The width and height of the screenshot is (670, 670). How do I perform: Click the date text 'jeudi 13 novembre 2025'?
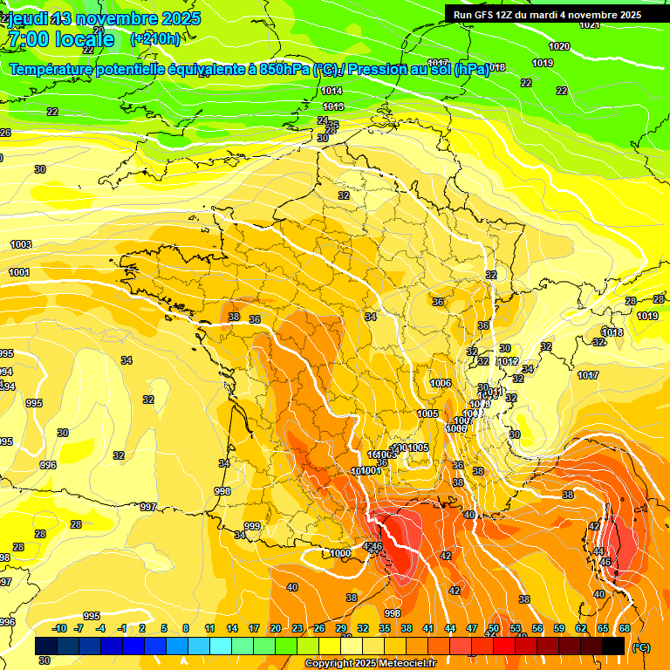[x=104, y=18]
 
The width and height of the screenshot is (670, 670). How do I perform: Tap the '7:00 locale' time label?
[x=60, y=39]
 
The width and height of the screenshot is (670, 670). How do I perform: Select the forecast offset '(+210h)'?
[x=155, y=38]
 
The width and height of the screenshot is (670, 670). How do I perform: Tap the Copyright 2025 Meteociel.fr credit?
[x=370, y=664]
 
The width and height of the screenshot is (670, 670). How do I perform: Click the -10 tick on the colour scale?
[x=59, y=628]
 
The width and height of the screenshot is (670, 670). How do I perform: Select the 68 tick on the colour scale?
[x=625, y=628]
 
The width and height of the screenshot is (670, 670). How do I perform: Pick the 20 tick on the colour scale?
[x=275, y=628]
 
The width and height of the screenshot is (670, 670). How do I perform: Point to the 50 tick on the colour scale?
[x=494, y=628]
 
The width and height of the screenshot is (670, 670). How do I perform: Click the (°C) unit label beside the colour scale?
[x=641, y=647]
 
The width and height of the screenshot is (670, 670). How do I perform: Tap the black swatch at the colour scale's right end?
[x=613, y=646]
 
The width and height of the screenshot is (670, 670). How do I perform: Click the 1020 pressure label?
[x=559, y=46]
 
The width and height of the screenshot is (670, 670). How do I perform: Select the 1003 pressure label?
[x=20, y=244]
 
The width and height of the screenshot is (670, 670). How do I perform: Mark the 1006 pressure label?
[x=441, y=383]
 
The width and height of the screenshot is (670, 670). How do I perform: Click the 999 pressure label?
[x=252, y=526]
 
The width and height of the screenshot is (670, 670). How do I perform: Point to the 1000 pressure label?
[x=340, y=553]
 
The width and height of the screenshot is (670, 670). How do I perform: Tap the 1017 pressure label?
[x=588, y=375]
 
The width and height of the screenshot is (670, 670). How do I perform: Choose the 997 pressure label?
[x=148, y=507]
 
